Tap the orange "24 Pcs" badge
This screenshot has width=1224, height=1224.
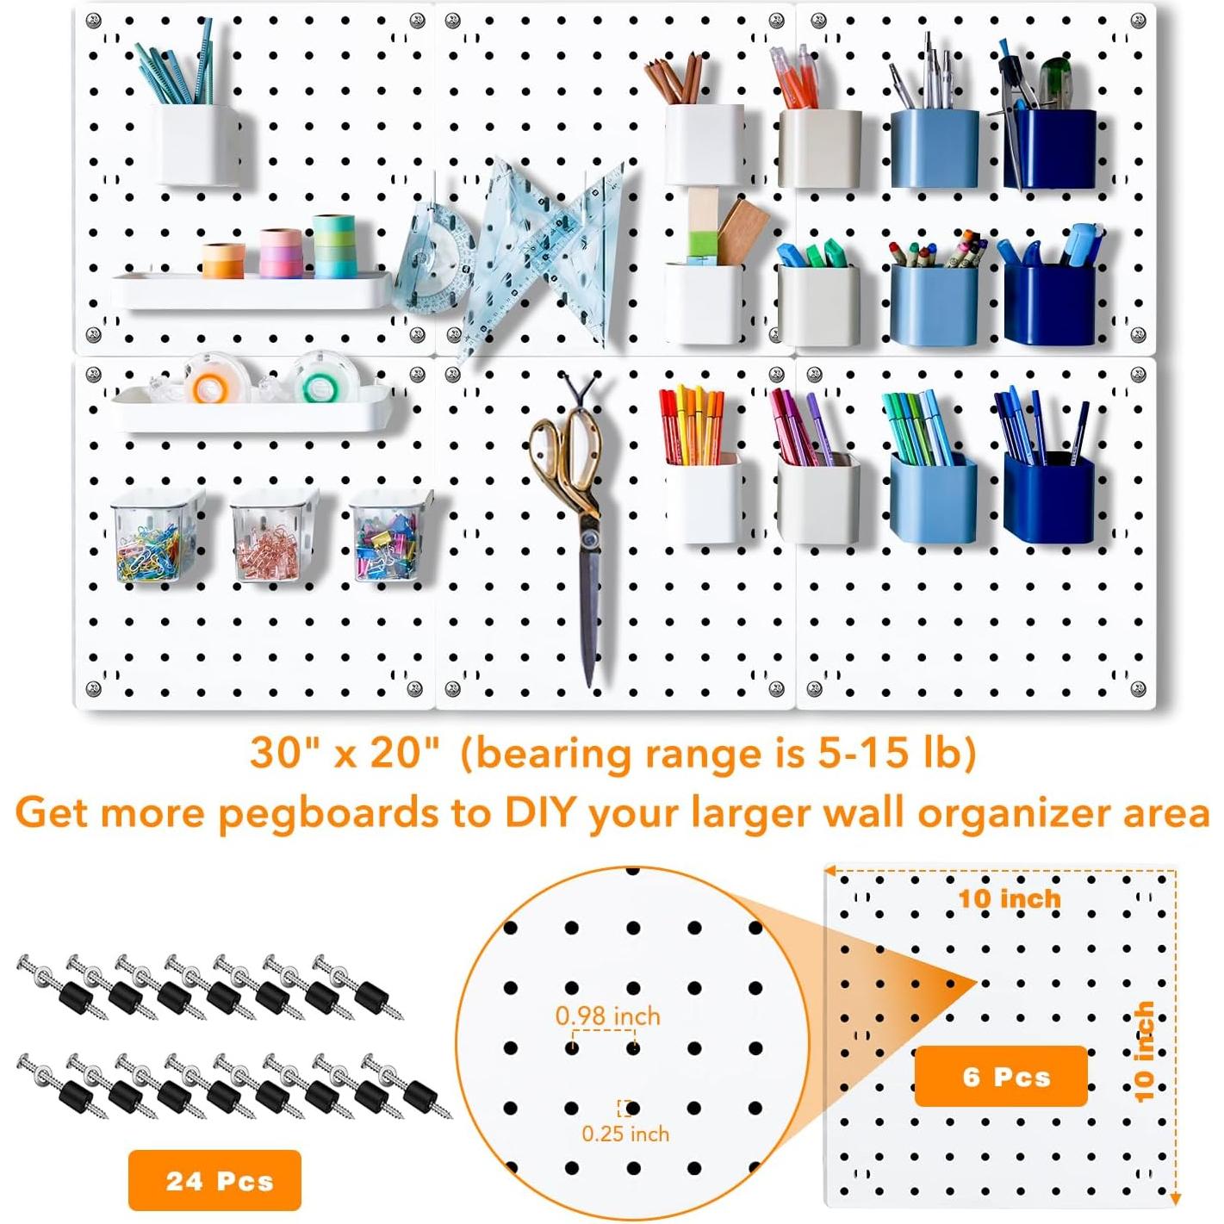pos(214,1179)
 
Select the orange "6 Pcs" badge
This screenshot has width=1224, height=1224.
pos(1001,1076)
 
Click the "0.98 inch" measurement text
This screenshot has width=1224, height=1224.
pos(607,1016)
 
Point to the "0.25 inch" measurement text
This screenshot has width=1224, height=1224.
pos(625,1134)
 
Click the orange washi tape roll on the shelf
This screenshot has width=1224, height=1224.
pos(224,260)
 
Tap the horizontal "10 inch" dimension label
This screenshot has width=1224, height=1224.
pos(1009,898)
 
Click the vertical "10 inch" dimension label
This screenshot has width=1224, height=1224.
pos(1144,1051)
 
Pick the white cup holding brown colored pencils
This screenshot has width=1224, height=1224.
pos(704,143)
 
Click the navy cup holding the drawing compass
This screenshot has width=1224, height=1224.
pos(1049,148)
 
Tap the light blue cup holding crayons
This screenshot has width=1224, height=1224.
pos(934,303)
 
